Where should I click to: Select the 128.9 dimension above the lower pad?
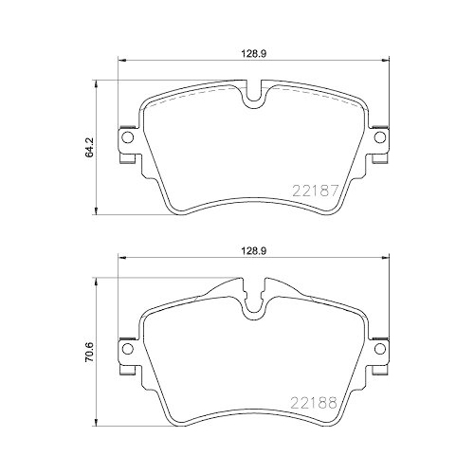(x=251, y=253)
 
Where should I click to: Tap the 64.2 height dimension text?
(x=91, y=148)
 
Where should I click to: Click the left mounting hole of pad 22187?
(x=125, y=139)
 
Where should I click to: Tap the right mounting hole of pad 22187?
(x=379, y=139)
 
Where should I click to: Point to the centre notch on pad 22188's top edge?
(x=252, y=301)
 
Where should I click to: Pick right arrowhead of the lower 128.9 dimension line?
(x=385, y=262)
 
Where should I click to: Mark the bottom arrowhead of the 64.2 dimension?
(x=101, y=212)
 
